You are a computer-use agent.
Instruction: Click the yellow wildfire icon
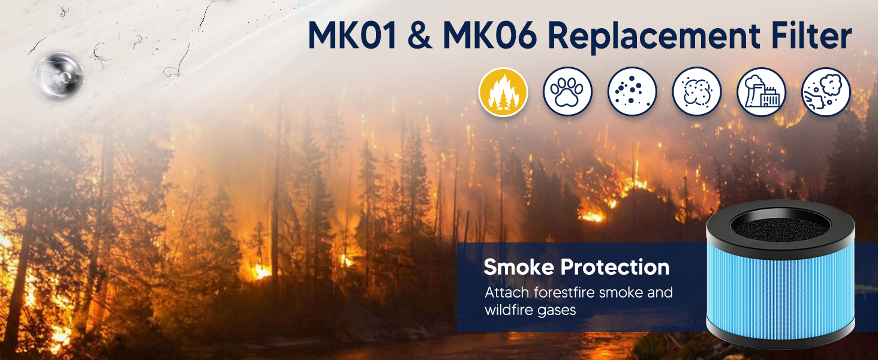click(503, 92)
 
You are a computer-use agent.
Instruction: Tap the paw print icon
click(567, 92)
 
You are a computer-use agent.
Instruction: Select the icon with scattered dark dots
click(632, 92)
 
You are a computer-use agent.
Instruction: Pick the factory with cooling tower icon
click(761, 92)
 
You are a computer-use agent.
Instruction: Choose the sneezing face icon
click(826, 92)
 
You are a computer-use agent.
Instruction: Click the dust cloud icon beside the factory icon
click(697, 92)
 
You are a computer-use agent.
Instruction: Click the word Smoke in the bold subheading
click(518, 267)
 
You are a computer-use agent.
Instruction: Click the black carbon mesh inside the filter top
click(780, 226)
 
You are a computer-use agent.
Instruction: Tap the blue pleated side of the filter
click(780, 288)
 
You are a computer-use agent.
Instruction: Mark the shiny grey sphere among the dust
click(59, 76)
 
